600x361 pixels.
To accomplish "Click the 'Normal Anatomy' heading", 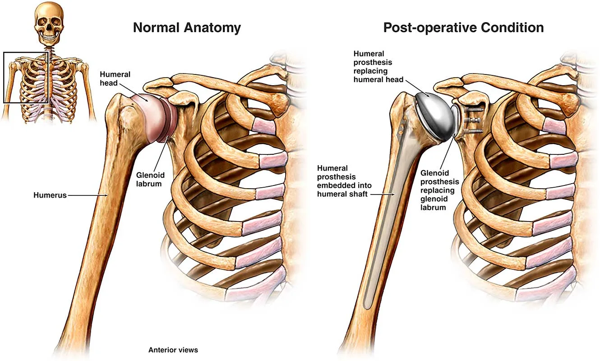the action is click(187, 28).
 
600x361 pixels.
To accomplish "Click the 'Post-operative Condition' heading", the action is click(463, 28).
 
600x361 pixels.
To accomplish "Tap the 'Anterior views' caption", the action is click(173, 350).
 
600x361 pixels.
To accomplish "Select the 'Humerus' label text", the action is click(50, 195).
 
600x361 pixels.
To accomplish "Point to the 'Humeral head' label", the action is click(115, 79).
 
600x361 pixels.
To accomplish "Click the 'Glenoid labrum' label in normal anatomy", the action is click(150, 179).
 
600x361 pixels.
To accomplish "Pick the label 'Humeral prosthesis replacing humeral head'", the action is click(378, 66).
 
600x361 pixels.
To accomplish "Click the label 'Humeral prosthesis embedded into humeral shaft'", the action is click(344, 181).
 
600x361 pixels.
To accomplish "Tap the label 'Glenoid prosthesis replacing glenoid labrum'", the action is click(439, 190).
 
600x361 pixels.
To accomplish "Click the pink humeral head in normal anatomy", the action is click(149, 115).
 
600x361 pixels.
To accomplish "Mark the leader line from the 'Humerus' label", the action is click(88, 195).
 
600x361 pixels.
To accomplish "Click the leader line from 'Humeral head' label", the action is click(134, 92).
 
